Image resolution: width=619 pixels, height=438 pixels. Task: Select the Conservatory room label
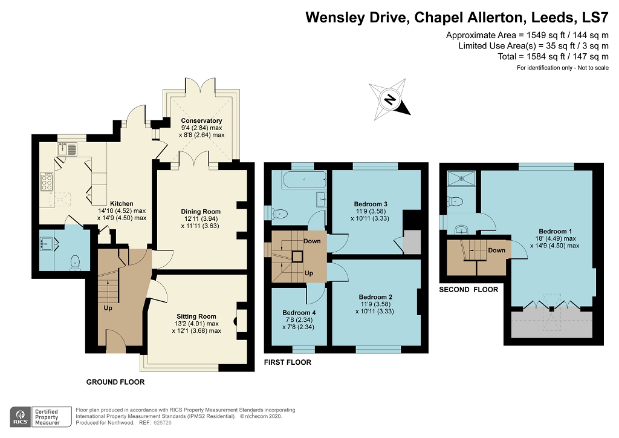click(201, 121)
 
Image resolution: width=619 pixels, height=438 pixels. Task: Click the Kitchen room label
click(122, 204)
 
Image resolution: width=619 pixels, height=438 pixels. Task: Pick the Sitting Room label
click(196, 316)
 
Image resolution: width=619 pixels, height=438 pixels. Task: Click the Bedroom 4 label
click(298, 313)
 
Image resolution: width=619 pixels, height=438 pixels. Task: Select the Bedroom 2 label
click(375, 297)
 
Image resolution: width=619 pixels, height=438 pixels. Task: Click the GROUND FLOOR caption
click(115, 382)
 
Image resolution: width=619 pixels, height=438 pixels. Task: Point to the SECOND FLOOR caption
click(468, 290)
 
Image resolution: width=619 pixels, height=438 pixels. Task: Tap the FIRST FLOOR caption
click(288, 362)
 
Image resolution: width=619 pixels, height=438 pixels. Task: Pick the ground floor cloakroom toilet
click(76, 262)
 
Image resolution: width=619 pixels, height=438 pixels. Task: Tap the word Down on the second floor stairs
click(496, 250)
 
